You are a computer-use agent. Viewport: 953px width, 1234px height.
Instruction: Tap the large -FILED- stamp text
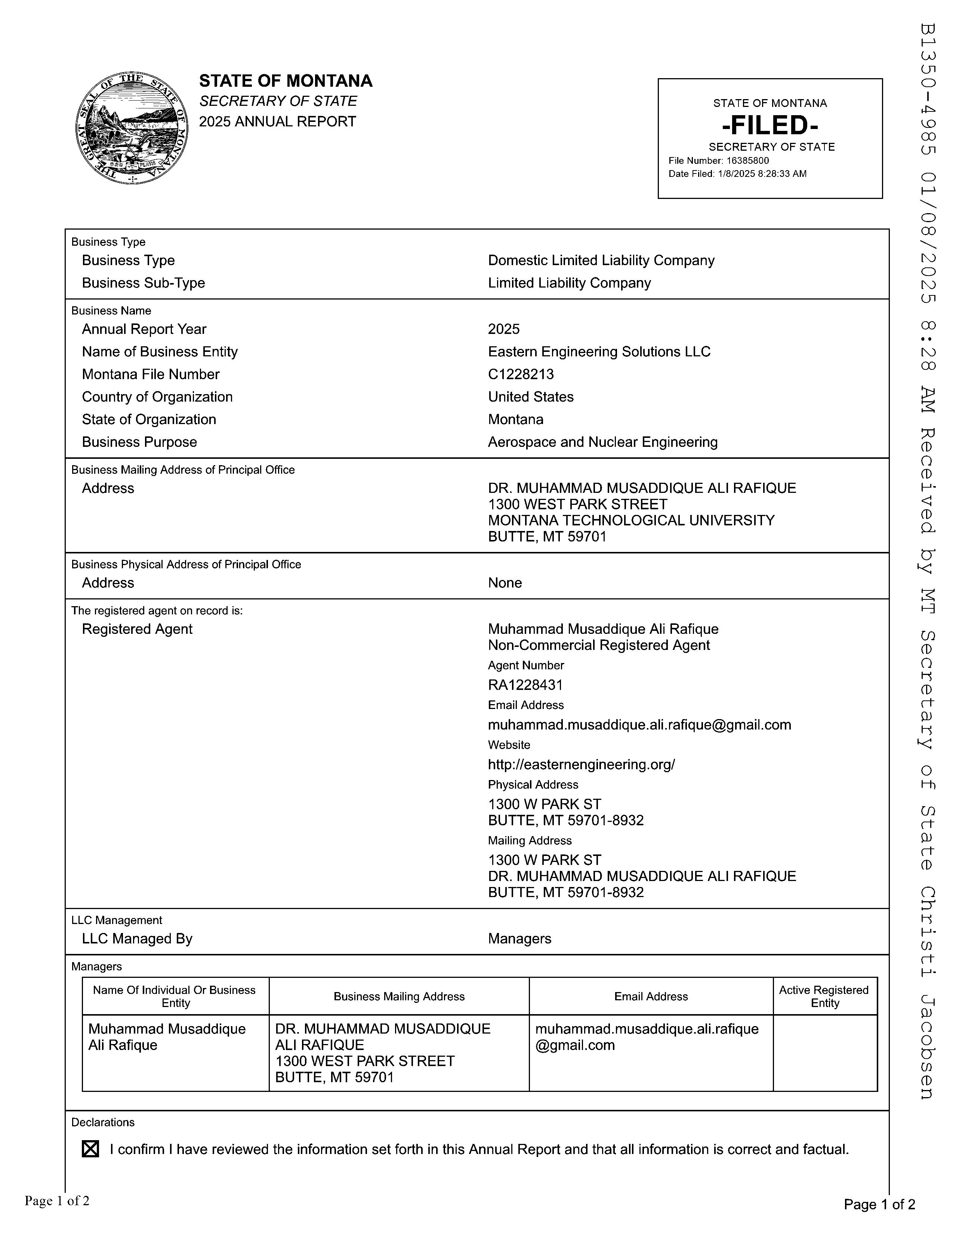(770, 125)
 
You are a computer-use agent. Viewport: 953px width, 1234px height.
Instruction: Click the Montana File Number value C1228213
(521, 374)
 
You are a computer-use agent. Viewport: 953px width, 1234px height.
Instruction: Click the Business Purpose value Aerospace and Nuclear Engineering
(602, 442)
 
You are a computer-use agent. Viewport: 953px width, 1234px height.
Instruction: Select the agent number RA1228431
(525, 685)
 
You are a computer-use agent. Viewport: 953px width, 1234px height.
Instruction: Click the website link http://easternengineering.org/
(581, 764)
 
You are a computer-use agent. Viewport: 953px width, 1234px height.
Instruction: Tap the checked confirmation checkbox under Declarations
(90, 1149)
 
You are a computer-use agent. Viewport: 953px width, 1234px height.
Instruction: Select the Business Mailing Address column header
(399, 996)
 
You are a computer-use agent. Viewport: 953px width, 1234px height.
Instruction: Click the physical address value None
(505, 583)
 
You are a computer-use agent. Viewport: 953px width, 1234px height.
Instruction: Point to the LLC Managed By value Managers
(519, 939)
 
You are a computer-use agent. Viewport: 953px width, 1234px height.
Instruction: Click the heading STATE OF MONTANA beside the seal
(286, 81)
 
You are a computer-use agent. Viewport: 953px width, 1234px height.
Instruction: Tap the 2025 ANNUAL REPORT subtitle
(277, 122)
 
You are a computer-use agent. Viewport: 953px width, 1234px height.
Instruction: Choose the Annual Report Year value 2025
(504, 329)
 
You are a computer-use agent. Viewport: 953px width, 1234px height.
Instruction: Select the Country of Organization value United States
(531, 397)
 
